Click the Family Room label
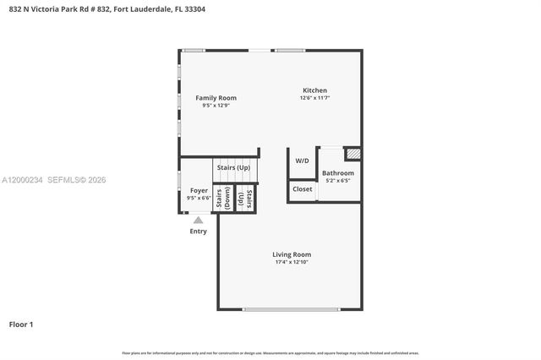click(216, 98)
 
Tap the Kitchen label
click(314, 90)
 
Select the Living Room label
click(292, 254)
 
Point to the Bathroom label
click(337, 173)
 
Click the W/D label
click(302, 161)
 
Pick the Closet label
click(302, 189)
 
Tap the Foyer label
click(199, 191)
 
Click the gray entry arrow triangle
click(198, 220)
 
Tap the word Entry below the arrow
click(198, 231)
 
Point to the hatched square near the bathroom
click(353, 155)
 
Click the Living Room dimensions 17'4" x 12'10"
click(292, 262)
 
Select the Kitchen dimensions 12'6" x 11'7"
click(314, 98)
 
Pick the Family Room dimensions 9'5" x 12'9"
click(216, 106)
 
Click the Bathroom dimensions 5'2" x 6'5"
click(337, 181)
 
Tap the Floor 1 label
click(21, 324)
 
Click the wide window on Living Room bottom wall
click(292, 309)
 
